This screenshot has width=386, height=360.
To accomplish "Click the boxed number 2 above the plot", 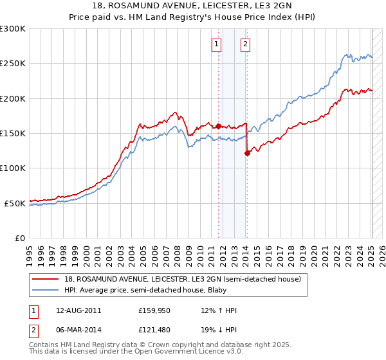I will (246, 44).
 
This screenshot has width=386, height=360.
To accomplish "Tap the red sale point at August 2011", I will (218, 126).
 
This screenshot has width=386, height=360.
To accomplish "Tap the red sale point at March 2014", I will (247, 153).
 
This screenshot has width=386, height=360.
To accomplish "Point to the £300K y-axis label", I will (12, 29).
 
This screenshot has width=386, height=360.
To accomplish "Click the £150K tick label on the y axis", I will (12, 133).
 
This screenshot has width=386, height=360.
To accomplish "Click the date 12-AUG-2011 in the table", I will (78, 310).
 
